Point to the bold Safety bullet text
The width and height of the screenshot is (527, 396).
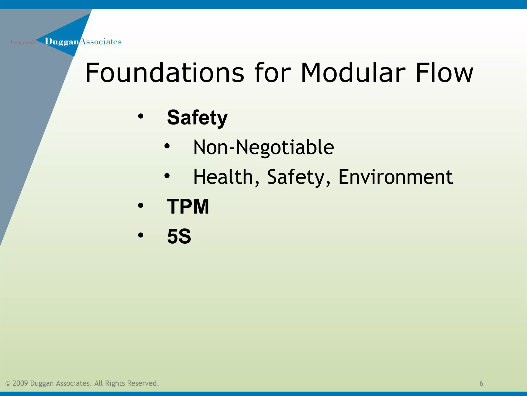(x=197, y=118)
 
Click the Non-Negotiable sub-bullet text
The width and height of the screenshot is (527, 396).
(x=263, y=147)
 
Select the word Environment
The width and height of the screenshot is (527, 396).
(x=396, y=177)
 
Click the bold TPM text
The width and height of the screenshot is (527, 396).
(x=188, y=207)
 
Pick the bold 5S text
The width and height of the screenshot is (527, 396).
(x=179, y=236)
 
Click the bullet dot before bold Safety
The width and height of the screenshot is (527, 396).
(x=140, y=117)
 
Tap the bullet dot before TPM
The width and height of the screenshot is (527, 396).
(x=140, y=205)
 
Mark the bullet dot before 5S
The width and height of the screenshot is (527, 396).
(x=140, y=235)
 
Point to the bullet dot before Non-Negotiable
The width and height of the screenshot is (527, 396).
(x=167, y=146)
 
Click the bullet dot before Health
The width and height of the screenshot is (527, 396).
(x=167, y=176)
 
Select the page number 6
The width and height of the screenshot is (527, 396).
(x=481, y=383)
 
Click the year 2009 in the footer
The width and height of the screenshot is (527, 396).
(x=20, y=383)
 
